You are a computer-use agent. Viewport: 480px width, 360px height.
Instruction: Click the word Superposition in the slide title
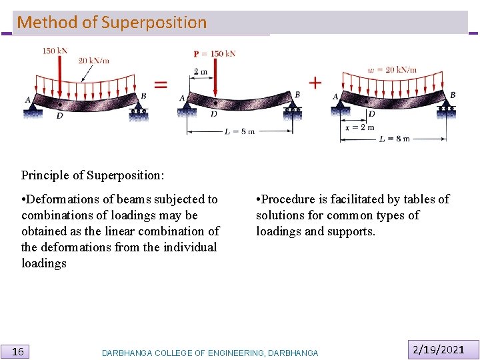(154, 22)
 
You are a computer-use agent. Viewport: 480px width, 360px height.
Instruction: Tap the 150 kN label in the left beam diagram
(55, 51)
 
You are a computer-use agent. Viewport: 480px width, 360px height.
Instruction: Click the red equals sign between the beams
(161, 84)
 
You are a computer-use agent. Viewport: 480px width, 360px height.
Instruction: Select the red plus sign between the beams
(315, 83)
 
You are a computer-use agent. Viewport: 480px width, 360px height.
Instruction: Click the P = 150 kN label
(215, 53)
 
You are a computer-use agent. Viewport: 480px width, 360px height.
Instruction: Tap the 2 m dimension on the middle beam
(200, 71)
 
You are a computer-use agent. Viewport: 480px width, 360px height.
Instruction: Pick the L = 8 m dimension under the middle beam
(239, 131)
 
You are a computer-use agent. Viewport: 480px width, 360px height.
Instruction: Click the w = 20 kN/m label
(393, 69)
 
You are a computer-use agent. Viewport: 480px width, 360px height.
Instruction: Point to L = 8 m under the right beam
(394, 139)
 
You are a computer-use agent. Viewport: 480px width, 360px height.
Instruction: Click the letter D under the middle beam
(213, 114)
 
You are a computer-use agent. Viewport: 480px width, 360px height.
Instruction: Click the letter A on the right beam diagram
(335, 97)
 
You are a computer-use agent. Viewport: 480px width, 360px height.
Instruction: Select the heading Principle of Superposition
(93, 175)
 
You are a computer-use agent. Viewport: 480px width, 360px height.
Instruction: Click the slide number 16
(19, 351)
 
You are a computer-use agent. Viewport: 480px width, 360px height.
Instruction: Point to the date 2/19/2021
(439, 349)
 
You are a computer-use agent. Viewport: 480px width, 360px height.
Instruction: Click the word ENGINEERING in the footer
(229, 353)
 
